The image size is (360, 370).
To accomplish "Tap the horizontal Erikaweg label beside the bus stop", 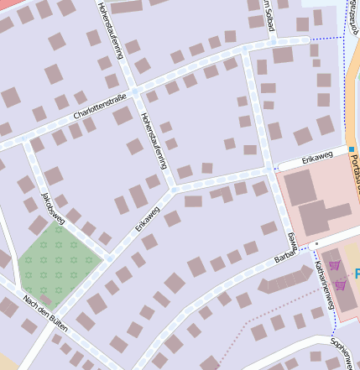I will click(305, 159).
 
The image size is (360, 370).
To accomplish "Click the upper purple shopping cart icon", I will click(334, 266).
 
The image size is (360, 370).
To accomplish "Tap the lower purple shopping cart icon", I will click(341, 285).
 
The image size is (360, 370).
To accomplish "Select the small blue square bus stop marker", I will click(352, 149).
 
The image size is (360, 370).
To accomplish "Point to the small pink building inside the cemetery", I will click(46, 298).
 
